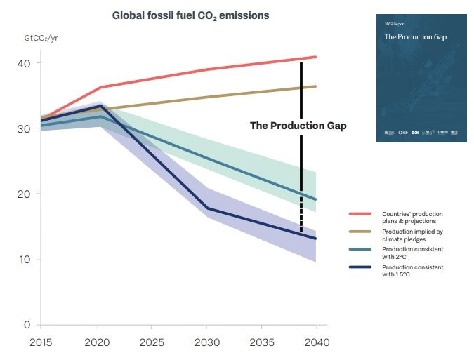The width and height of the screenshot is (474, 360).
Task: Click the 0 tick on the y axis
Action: pyautogui.click(x=26, y=325)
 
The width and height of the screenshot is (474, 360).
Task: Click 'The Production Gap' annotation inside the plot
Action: pyautogui.click(x=298, y=126)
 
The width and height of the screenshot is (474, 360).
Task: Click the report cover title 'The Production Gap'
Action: pyautogui.click(x=416, y=36)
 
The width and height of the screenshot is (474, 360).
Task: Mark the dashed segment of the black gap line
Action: pyautogui.click(x=301, y=211)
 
